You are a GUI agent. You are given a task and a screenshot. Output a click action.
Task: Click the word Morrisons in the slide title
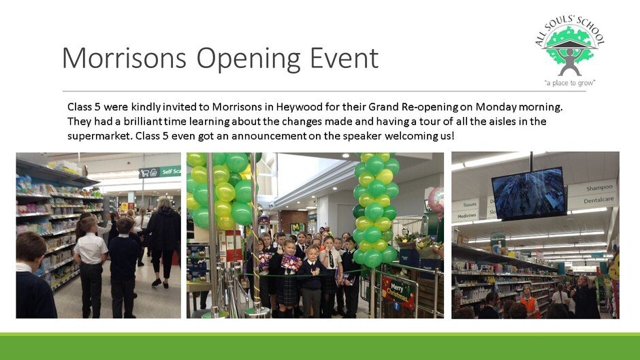tap(124, 58)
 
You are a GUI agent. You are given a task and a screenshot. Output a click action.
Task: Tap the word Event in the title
tap(344, 58)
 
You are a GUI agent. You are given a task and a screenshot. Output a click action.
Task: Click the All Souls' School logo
tap(570, 51)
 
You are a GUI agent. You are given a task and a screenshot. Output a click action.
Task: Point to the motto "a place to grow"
tap(570, 83)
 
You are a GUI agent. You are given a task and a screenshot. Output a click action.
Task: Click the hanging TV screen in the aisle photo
tap(528, 193)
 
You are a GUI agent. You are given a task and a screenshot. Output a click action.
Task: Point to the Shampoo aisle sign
tap(599, 188)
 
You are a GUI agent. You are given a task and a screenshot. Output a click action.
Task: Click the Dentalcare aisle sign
tap(598, 200)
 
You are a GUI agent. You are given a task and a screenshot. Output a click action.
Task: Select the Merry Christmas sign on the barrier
tap(398, 291)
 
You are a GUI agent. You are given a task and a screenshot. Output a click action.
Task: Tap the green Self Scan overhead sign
tap(159, 172)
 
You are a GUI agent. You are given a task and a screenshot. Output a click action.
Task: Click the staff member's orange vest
tap(528, 306)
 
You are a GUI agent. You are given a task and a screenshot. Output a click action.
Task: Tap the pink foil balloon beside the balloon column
tap(436, 199)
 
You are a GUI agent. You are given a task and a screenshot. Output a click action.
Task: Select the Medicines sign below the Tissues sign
tap(466, 216)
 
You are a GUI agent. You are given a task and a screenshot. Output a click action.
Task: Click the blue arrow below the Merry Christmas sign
tap(396, 306)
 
